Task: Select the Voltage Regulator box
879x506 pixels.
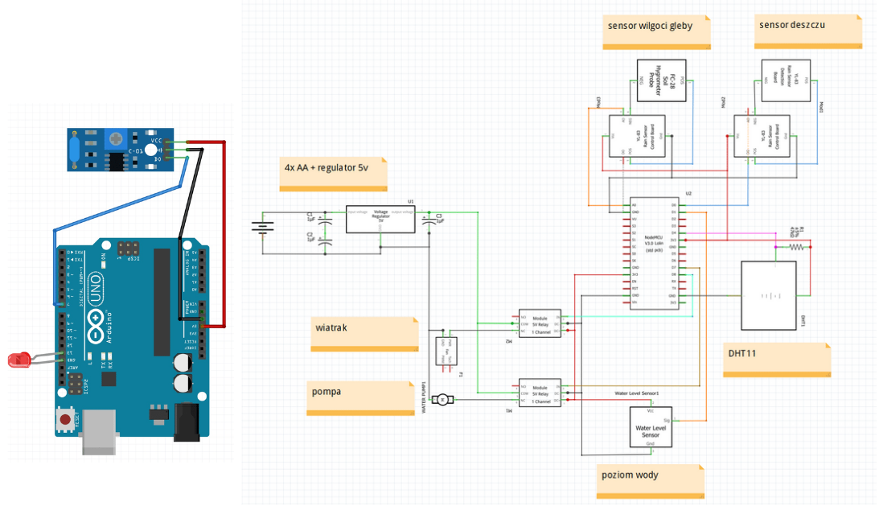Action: (381, 219)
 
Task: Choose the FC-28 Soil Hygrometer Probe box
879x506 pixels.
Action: (661, 80)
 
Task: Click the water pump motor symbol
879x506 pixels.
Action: (442, 400)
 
